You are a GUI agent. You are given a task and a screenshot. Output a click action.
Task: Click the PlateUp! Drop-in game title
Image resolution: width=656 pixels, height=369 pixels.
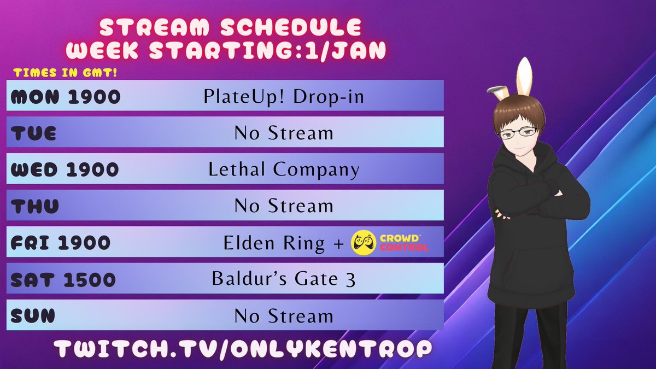click(284, 97)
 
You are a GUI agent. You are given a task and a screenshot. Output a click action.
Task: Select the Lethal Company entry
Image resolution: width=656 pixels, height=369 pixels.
click(284, 169)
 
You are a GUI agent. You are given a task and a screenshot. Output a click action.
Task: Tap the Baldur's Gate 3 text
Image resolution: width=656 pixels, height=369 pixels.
click(284, 279)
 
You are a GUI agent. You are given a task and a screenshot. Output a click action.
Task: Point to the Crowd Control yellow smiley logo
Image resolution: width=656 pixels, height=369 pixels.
click(364, 243)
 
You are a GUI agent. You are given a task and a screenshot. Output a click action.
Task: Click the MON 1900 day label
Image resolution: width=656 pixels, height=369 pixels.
click(66, 97)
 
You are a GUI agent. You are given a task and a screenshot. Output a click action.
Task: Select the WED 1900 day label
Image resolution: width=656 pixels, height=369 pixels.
click(65, 169)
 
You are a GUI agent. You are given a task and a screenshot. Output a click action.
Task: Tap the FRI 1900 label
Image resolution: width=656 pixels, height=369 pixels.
click(60, 243)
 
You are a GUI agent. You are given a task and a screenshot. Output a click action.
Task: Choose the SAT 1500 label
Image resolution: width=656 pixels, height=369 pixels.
click(63, 279)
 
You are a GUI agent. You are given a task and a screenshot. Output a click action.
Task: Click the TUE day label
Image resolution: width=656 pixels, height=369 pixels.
click(33, 133)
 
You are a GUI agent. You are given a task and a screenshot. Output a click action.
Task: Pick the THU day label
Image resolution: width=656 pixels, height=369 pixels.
click(34, 206)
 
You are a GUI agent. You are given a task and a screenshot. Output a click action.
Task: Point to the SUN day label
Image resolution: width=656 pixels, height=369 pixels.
click(33, 316)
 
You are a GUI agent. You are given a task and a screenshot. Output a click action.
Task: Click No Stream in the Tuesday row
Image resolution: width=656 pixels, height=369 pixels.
click(284, 133)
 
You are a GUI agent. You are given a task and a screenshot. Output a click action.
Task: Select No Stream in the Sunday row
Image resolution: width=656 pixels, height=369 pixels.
click(284, 316)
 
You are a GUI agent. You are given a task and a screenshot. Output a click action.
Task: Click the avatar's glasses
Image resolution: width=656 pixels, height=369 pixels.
click(518, 132)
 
